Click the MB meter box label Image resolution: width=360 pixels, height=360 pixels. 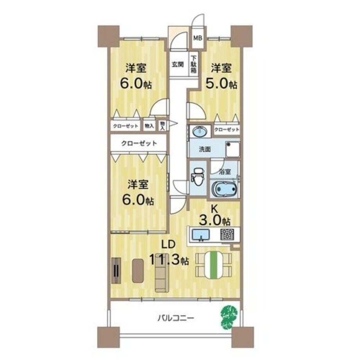pos(198,38)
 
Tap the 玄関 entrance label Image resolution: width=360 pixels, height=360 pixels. pos(178,65)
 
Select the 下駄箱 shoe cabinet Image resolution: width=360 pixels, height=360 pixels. pos(194,64)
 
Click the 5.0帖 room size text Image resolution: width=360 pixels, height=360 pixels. pos(221,84)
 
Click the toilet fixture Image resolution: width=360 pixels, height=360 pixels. pos(198,176)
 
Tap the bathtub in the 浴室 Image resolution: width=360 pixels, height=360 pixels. pos(225,189)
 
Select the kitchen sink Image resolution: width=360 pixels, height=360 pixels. pos(201,235)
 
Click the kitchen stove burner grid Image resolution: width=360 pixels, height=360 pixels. pos(227,234)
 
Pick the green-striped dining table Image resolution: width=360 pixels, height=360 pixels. pos(214,265)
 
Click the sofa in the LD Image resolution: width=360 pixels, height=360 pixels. pos(161,275)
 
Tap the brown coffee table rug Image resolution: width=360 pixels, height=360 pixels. pos(138,270)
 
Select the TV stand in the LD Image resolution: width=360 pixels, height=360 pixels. pos(116,271)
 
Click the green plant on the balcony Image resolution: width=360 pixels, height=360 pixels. pos(229,317)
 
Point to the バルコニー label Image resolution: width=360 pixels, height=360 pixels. pos(176,318)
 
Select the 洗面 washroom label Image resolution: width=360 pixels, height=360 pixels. pos(205,149)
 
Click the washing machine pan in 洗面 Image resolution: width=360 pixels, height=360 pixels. pos(232,149)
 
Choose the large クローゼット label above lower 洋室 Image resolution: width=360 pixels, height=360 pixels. pos(139,143)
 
